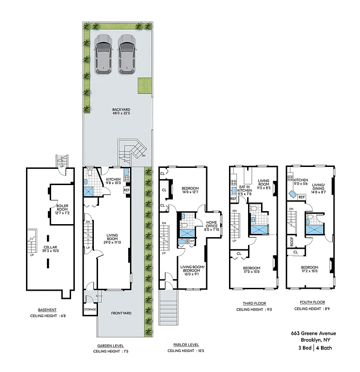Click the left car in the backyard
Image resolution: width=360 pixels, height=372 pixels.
103,54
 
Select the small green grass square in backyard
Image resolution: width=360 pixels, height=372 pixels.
144,86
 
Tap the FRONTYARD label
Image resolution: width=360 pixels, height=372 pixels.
121,313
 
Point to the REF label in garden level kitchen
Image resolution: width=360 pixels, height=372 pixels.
126,190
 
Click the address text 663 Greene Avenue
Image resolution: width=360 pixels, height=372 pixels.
313,333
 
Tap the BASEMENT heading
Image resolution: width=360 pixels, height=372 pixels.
47,310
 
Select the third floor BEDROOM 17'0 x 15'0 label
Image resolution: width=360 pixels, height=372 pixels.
251,270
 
